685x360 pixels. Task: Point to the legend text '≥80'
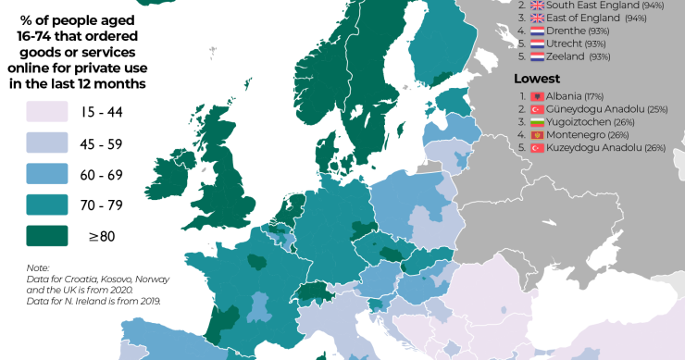[x=101, y=236]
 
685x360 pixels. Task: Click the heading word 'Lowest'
[x=536, y=79]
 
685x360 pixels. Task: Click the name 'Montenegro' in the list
[x=576, y=135]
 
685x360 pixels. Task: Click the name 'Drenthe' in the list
[x=567, y=31]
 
